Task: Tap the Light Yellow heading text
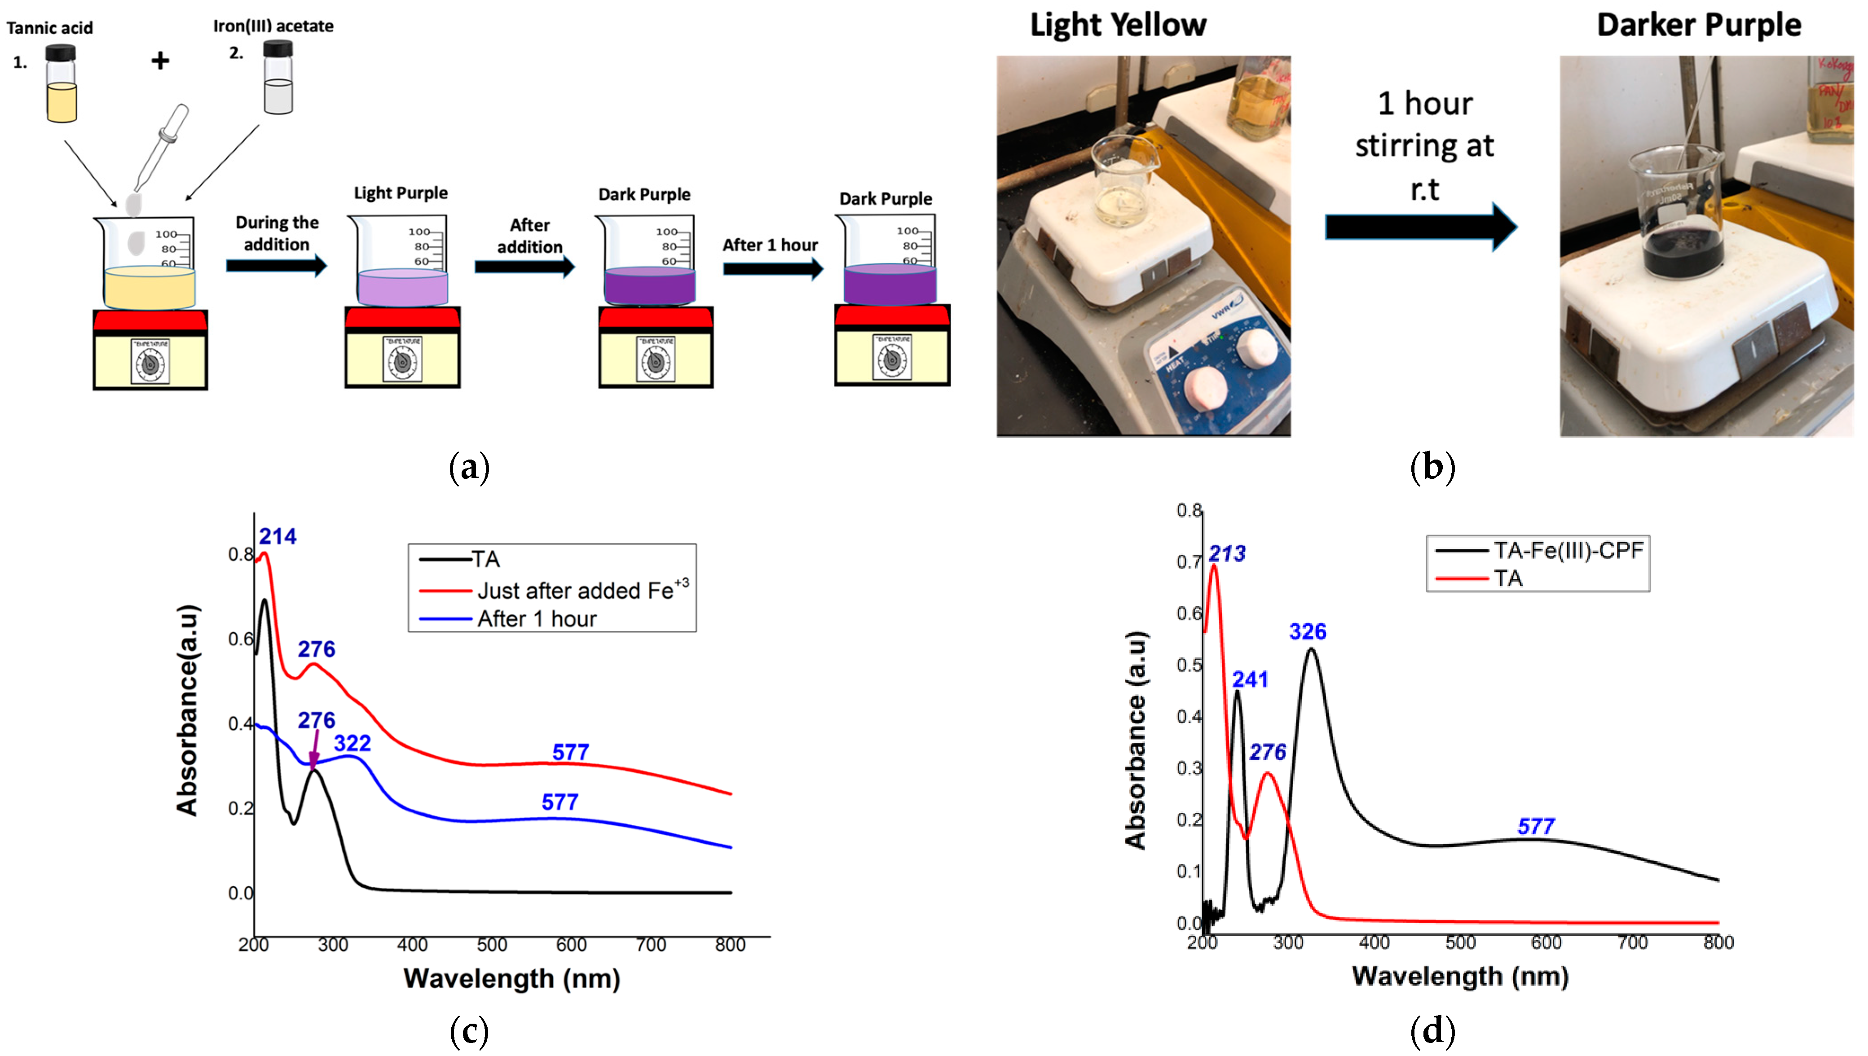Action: [1118, 26]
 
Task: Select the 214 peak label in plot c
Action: [278, 537]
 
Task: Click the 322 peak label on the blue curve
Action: [352, 743]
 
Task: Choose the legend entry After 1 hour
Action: [536, 619]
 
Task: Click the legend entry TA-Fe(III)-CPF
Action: [1567, 551]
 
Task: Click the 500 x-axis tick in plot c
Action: [492, 945]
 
